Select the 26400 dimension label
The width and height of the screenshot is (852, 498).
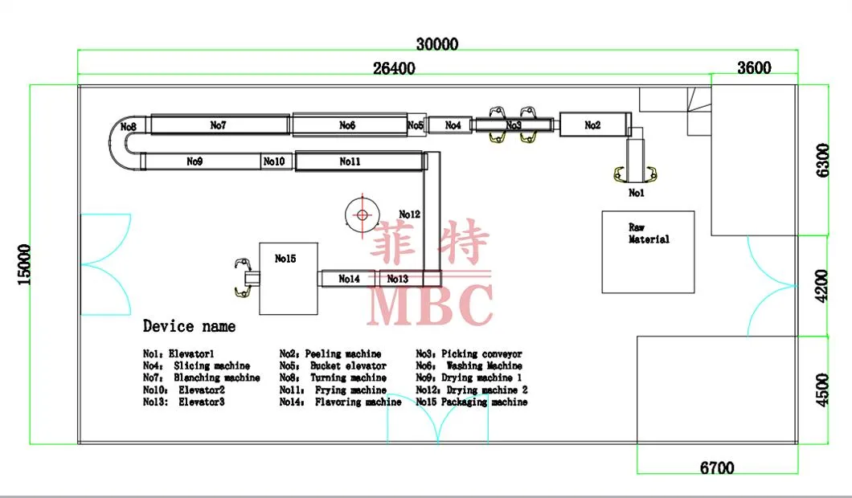pyautogui.click(x=394, y=68)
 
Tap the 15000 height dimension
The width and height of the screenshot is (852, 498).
pyautogui.click(x=24, y=264)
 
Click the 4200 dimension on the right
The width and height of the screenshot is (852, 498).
pyautogui.click(x=821, y=286)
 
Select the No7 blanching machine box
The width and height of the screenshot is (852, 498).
pyautogui.click(x=219, y=125)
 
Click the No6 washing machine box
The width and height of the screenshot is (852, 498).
pyautogui.click(x=348, y=125)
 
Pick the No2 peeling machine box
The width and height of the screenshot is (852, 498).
pyautogui.click(x=592, y=125)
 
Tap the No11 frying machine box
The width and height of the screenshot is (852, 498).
pyautogui.click(x=358, y=161)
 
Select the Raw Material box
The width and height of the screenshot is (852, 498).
pyautogui.click(x=648, y=251)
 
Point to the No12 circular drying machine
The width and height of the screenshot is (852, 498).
pyautogui.click(x=363, y=214)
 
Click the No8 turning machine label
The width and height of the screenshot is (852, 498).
pyautogui.click(x=129, y=127)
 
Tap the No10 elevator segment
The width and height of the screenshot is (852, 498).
pyautogui.click(x=275, y=161)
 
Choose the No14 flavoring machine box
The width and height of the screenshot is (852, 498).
pyautogui.click(x=349, y=279)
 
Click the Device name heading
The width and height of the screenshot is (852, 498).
pyautogui.click(x=190, y=326)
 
